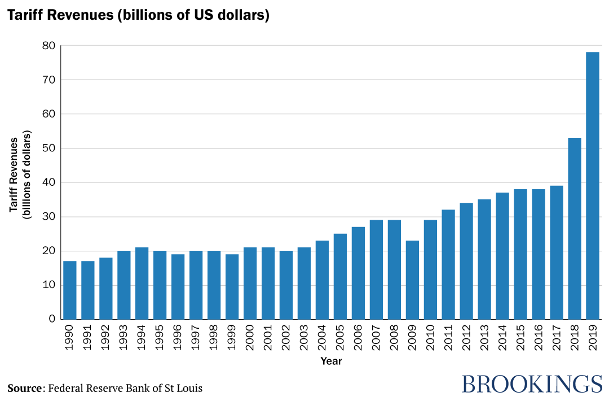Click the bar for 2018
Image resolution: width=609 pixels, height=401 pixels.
pos(574,228)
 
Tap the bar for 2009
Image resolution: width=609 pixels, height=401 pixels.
pos(412,280)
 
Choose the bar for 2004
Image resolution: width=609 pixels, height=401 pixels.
pos(322,280)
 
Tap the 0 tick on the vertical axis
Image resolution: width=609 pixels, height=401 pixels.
pos(51,319)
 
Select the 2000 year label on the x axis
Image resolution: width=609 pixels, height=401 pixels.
pos(250,337)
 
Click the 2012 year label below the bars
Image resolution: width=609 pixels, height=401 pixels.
pos(466,337)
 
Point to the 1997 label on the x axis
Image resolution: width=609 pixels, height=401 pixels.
pos(196,337)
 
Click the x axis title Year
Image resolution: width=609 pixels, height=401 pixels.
pos(330,361)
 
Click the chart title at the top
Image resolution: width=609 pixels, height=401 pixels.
pos(138,16)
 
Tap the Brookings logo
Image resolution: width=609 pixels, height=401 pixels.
pos(532,383)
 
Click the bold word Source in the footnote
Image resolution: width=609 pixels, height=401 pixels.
pos(25,388)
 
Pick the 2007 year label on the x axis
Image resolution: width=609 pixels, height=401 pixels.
pos(376,337)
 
